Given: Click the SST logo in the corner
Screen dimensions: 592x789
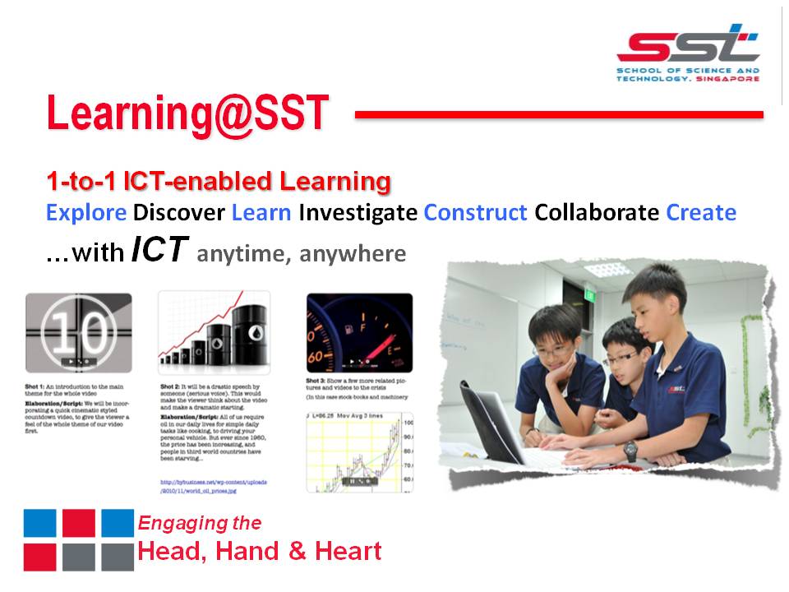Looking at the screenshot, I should click(x=689, y=53).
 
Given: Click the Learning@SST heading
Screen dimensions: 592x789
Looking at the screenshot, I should click(x=187, y=114).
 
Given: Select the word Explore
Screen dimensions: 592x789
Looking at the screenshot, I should click(x=86, y=213).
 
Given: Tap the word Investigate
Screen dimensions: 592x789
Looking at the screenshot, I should click(x=358, y=213).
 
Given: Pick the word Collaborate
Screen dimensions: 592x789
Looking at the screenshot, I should click(x=597, y=213).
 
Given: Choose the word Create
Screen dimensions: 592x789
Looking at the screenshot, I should click(x=701, y=213).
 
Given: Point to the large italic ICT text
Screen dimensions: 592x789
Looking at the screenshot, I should click(x=160, y=252).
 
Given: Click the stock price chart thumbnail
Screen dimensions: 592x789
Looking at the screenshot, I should click(x=359, y=451).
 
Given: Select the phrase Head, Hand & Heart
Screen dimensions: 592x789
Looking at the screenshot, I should click(x=260, y=551).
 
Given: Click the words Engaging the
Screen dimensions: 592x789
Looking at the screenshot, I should click(x=200, y=523).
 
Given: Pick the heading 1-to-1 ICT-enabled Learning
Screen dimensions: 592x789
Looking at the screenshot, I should click(x=219, y=180).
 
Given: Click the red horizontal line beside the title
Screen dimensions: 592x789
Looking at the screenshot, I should click(x=559, y=114).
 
